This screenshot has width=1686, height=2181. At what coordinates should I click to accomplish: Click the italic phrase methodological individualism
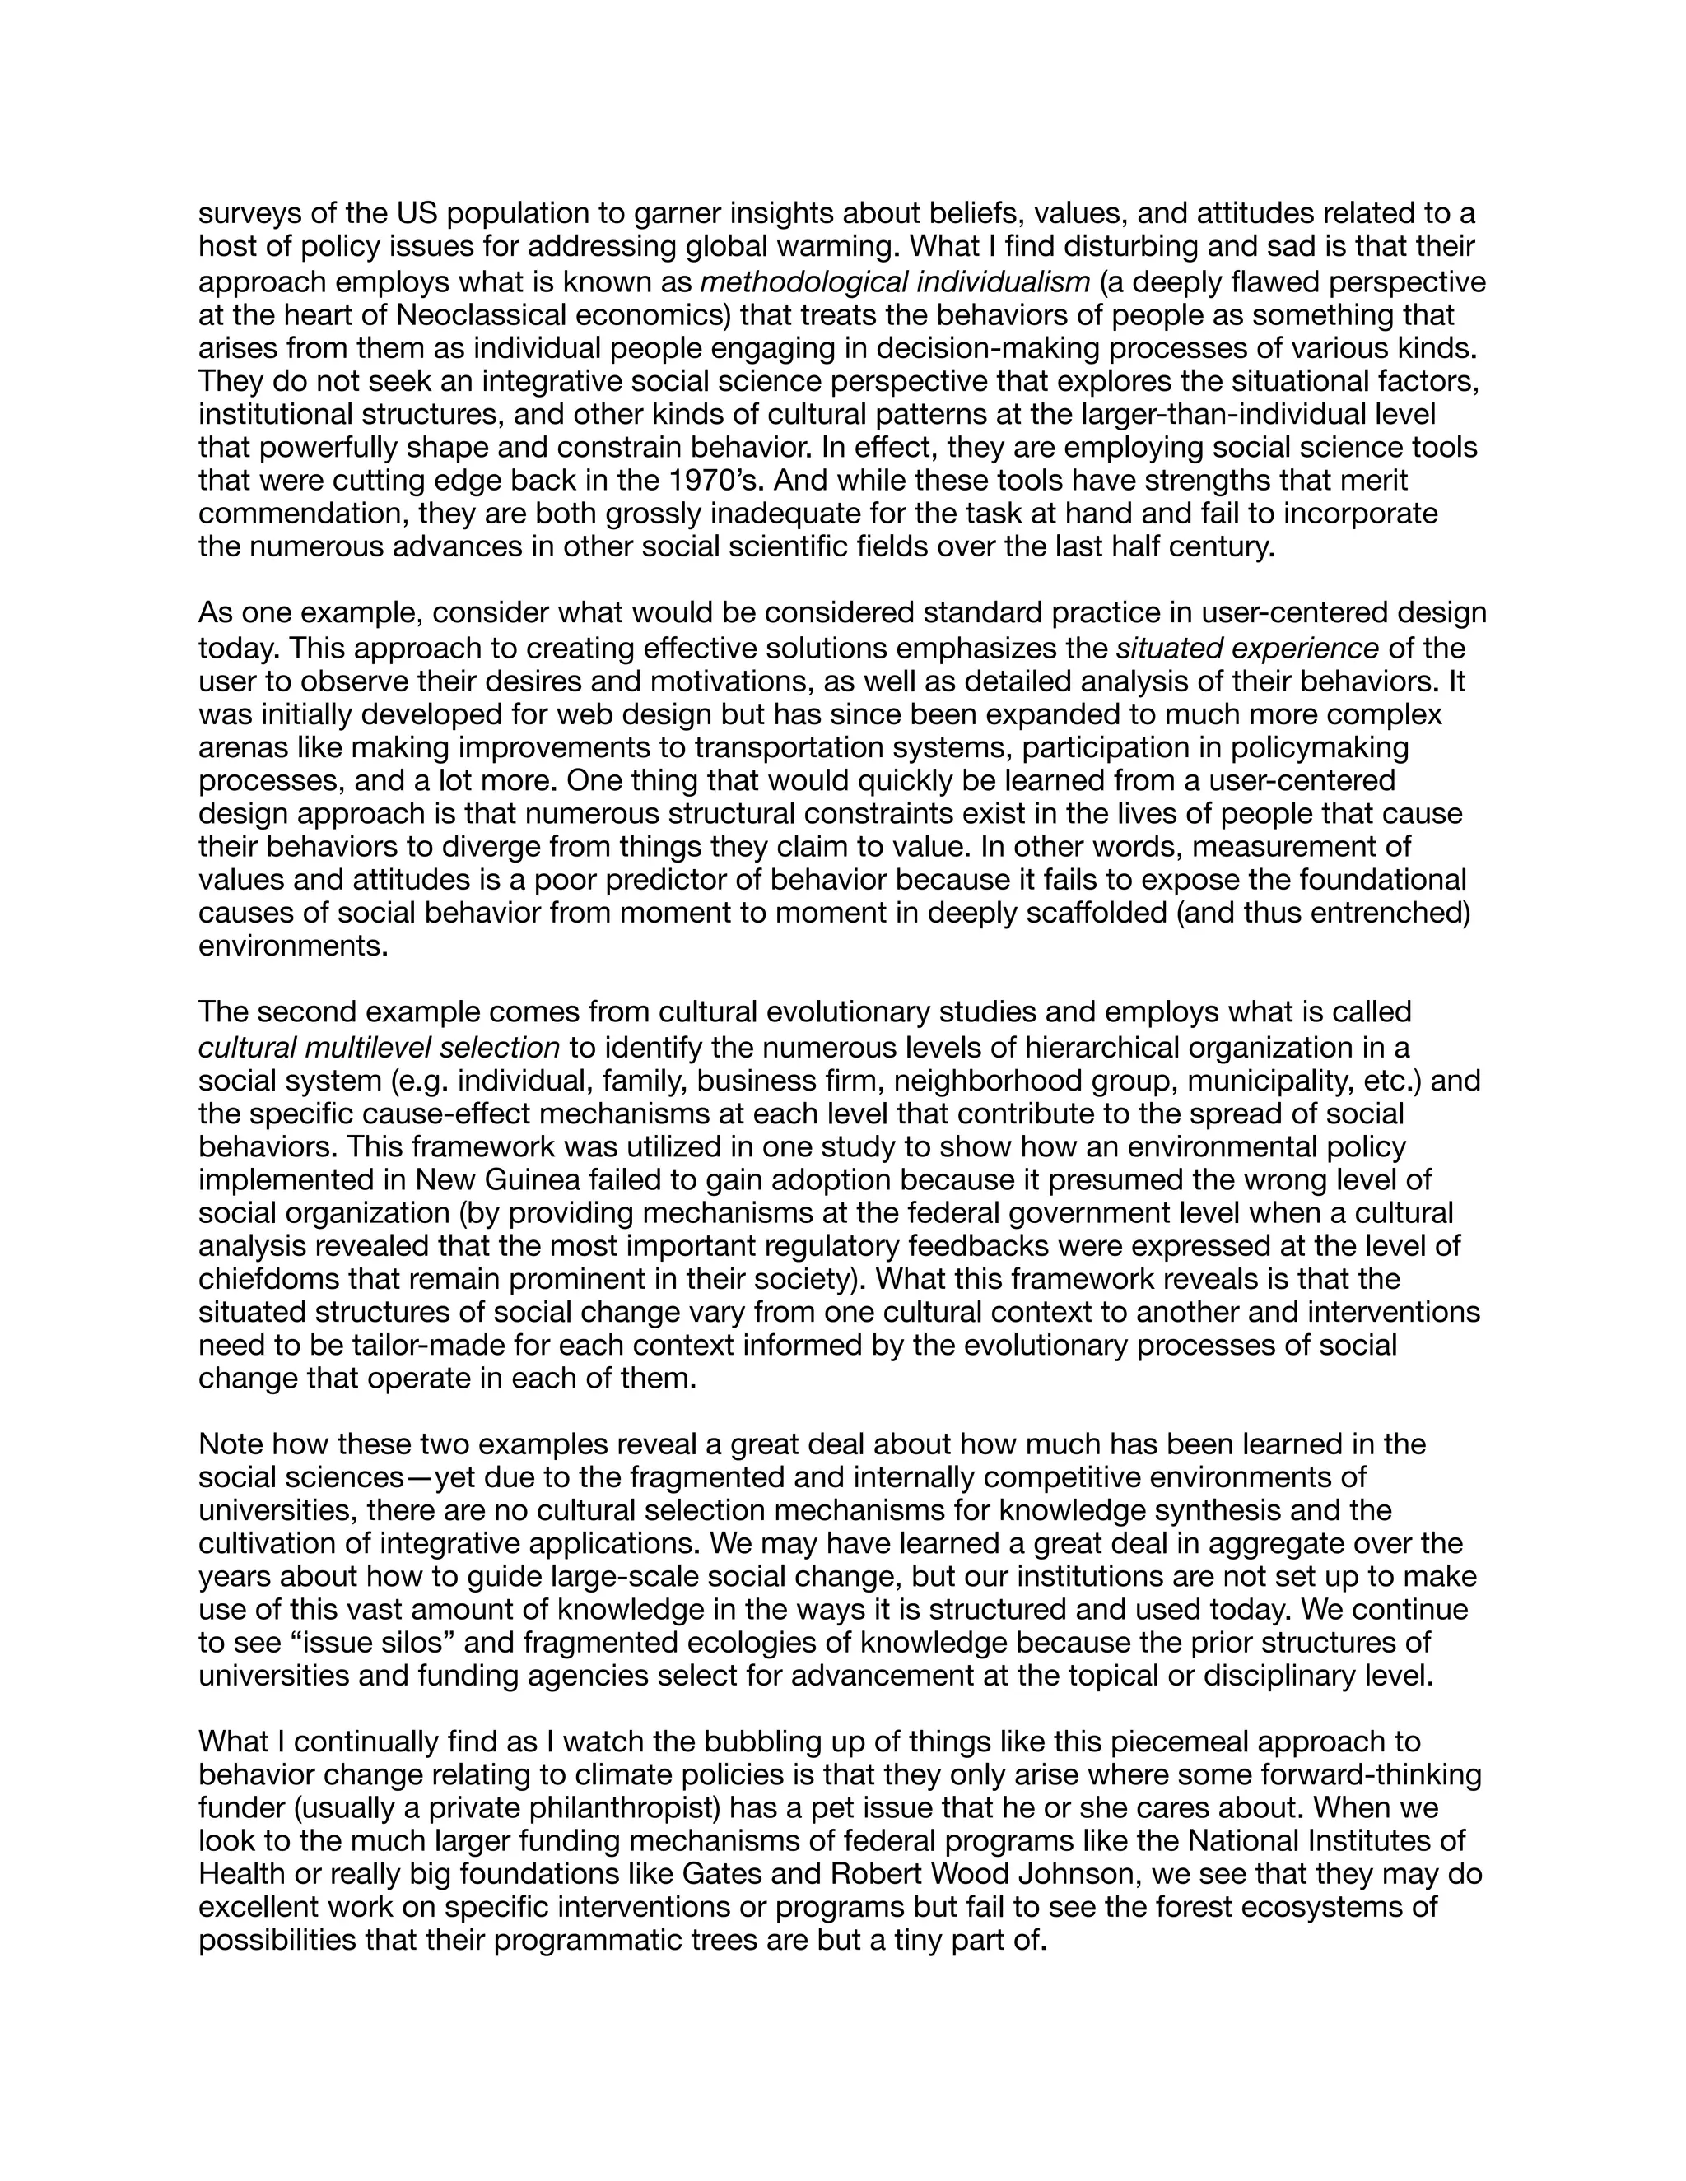[x=894, y=282]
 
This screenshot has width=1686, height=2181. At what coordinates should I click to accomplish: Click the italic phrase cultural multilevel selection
[x=379, y=1049]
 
